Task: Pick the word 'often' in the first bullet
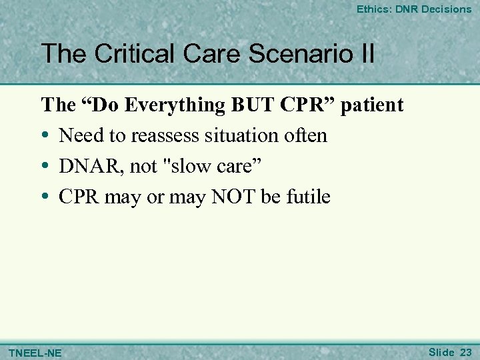point(304,136)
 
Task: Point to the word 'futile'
point(308,197)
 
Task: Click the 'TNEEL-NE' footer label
point(34,352)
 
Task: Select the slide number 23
point(465,351)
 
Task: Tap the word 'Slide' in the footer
point(441,351)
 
